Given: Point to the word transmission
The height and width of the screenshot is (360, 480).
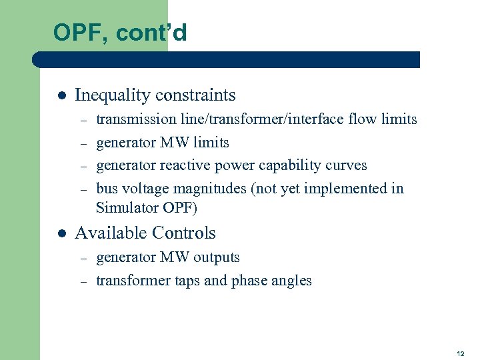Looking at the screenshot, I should [136, 120].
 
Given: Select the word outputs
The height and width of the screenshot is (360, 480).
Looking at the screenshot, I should [217, 257].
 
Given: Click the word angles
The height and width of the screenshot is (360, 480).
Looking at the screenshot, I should [292, 281].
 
